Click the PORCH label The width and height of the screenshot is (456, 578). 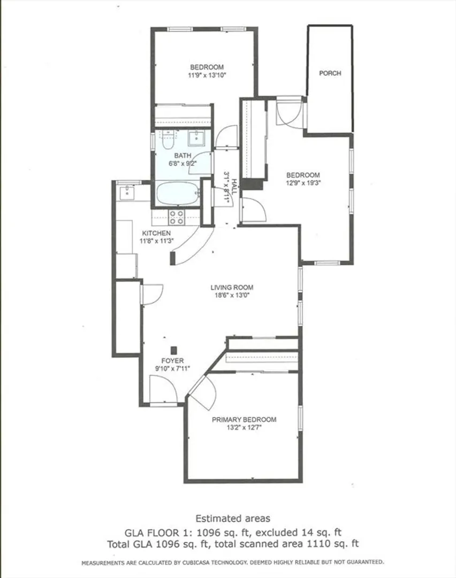tap(330, 73)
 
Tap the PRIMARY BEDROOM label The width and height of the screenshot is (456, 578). tap(244, 420)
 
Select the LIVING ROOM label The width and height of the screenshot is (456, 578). tap(232, 287)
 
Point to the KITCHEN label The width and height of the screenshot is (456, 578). tap(156, 233)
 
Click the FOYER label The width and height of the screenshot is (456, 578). tap(172, 361)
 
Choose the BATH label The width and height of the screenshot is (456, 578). tap(183, 156)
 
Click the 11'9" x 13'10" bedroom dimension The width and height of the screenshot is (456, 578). tap(207, 75)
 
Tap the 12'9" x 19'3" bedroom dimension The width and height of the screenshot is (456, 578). tap(303, 183)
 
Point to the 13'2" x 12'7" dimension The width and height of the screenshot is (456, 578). tap(244, 428)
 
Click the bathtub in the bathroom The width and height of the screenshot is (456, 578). tap(178, 193)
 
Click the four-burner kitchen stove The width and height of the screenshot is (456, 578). tap(176, 217)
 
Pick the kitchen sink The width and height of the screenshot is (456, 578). tap(126, 192)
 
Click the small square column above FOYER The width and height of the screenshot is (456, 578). tap(174, 350)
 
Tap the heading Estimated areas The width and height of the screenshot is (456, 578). tap(233, 518)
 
